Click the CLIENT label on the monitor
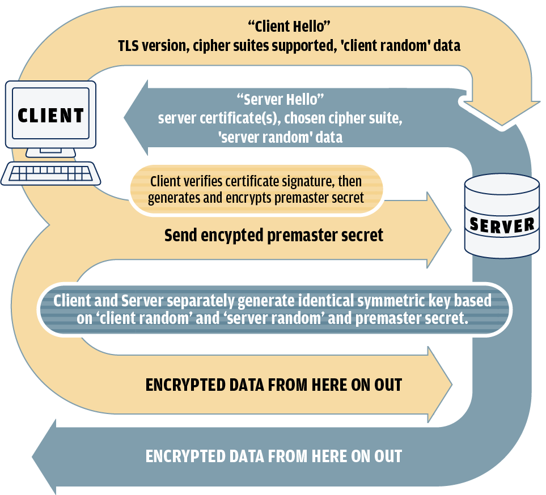[50, 116]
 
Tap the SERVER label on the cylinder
[502, 224]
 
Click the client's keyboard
[50, 173]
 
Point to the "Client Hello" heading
[289, 26]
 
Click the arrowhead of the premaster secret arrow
[439, 230]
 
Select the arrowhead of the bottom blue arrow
[45, 456]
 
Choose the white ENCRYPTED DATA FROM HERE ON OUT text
[274, 456]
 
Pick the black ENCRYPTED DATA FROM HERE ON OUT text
[274, 385]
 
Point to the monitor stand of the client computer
[52, 152]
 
